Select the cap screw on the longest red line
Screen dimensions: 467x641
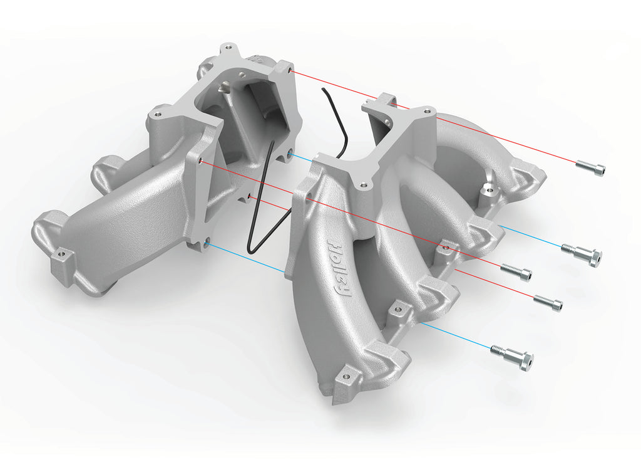(590, 167)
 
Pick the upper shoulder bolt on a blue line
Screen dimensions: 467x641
(582, 253)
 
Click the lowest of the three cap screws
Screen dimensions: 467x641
(548, 303)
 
